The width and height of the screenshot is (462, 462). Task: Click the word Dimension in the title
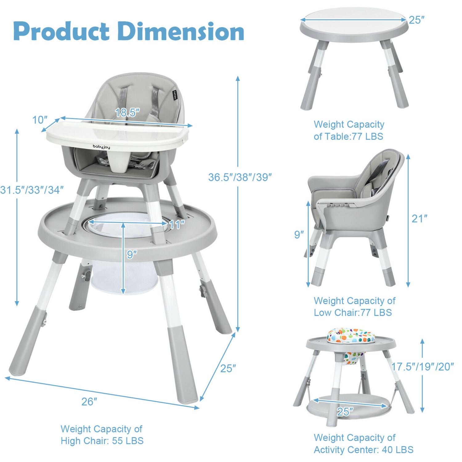[x=181, y=31]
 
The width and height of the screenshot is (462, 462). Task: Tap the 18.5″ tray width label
[x=127, y=112]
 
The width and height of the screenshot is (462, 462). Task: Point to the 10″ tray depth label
[x=40, y=120]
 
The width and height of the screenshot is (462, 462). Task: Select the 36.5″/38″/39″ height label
[x=240, y=177]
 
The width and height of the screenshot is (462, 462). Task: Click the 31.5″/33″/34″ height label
[x=32, y=190]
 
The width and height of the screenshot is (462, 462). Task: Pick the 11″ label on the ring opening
[x=177, y=225]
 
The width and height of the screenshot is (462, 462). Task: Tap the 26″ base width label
[x=89, y=401]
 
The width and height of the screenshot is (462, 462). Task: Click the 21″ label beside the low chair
[x=419, y=219]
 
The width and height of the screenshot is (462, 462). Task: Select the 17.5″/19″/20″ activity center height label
[x=422, y=367]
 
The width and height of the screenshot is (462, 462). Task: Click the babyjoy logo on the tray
[x=101, y=147]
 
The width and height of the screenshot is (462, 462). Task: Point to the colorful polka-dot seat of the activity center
[x=351, y=335]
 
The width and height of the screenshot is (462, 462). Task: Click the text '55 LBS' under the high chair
[x=128, y=441]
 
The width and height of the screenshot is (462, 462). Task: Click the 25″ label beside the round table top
[x=417, y=20]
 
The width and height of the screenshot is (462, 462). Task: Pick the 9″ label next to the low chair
[x=299, y=235]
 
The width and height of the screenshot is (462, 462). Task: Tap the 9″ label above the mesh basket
[x=132, y=254]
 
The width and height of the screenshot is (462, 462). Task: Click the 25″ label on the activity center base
[x=345, y=411]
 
